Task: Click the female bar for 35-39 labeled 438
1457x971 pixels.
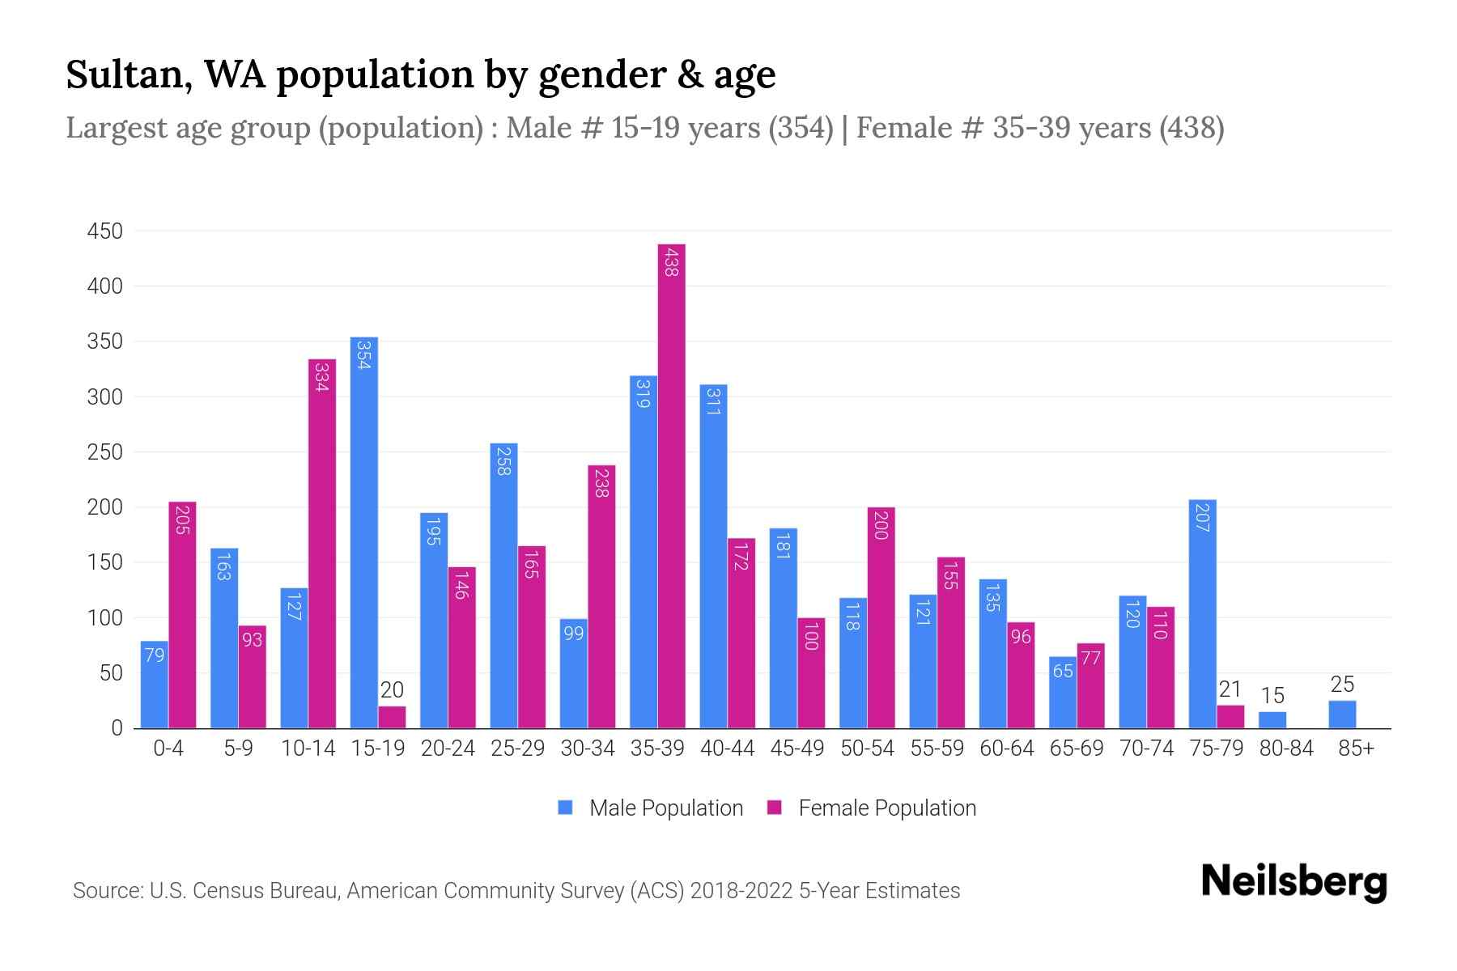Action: [x=671, y=485]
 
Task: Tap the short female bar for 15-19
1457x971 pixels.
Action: [x=392, y=718]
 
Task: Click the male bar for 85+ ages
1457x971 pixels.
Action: [x=1342, y=714]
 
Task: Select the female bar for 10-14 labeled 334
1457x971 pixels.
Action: [x=322, y=544]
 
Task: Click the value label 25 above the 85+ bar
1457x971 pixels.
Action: [x=1342, y=685]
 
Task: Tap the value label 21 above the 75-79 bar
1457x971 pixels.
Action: [x=1230, y=689]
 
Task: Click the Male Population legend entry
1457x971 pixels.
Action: [x=651, y=808]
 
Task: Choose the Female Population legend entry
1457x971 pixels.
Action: [x=872, y=808]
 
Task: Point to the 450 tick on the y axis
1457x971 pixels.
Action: [x=105, y=231]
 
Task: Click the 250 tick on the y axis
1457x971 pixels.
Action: [x=105, y=452]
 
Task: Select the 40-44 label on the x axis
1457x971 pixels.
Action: [x=727, y=748]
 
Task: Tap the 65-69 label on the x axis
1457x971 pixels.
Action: [x=1076, y=748]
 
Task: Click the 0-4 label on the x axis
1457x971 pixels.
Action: [x=168, y=748]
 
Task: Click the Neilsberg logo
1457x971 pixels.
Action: [x=1293, y=881]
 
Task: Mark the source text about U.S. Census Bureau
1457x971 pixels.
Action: [x=516, y=891]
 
